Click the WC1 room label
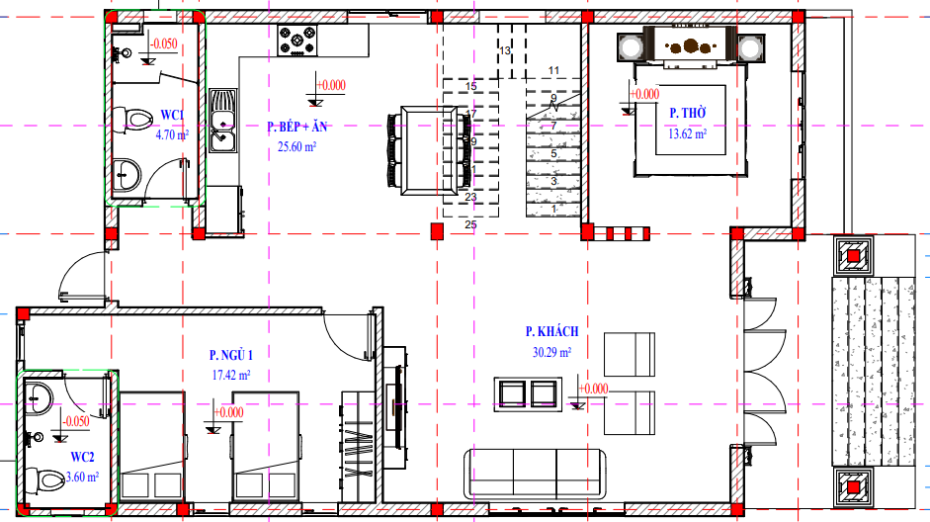(x=172, y=115)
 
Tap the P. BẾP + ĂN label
(x=296, y=127)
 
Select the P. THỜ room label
(x=688, y=113)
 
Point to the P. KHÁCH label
(x=551, y=331)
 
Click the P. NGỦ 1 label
(x=230, y=355)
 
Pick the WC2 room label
(x=82, y=457)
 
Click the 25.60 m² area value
(x=296, y=146)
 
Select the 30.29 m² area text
(x=551, y=352)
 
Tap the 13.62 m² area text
(x=688, y=133)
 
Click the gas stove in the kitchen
(x=297, y=41)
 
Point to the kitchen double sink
(x=223, y=121)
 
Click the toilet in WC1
(x=132, y=120)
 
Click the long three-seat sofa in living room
(x=535, y=475)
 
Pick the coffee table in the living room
(x=528, y=394)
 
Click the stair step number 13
(x=505, y=51)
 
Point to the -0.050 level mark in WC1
(x=163, y=43)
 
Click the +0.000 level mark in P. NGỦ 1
(x=228, y=412)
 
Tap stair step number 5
(x=554, y=153)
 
